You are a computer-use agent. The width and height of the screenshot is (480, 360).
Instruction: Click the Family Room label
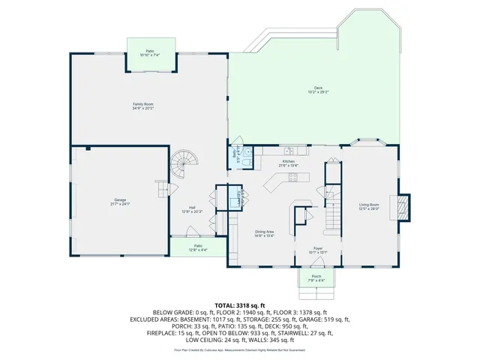coord(143,106)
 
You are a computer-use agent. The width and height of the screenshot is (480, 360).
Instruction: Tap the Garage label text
coord(121,202)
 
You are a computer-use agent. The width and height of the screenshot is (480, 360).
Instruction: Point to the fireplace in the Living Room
coord(403,206)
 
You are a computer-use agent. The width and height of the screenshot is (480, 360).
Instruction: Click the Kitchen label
coord(289,163)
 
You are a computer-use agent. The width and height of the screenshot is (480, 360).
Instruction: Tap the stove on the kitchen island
coord(293,178)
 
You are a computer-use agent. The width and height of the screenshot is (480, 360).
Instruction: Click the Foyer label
coord(319,250)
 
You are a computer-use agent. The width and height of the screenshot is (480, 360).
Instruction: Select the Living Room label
coord(368,206)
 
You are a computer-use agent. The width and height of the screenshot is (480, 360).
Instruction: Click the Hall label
coord(193,210)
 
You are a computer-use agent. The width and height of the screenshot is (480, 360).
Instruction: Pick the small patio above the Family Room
coord(152,53)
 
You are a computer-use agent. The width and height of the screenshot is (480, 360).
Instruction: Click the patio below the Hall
coord(198,247)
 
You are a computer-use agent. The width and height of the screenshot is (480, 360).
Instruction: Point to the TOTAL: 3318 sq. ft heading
coord(240,305)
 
